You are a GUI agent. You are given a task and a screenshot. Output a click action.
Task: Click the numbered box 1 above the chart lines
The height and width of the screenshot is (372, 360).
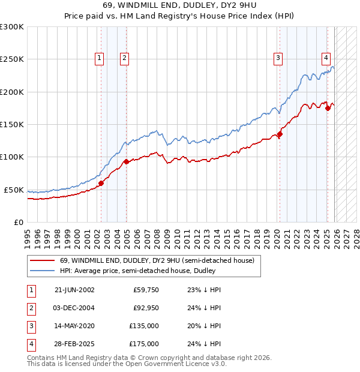[x=99, y=58]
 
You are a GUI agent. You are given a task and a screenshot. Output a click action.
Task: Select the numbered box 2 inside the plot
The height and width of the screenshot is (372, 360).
[x=124, y=58]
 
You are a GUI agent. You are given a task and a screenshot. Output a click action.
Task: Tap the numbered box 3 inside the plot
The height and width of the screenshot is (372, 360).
[x=278, y=58]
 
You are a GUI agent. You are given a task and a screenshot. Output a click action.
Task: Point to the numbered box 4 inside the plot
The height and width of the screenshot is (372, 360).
[x=326, y=58]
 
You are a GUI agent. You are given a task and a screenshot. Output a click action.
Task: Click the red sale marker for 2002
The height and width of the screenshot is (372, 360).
[x=101, y=183]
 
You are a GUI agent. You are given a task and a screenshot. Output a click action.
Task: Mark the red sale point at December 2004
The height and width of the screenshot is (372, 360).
[x=126, y=162]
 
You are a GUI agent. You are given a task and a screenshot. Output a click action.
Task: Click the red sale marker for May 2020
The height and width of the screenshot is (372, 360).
[x=280, y=134]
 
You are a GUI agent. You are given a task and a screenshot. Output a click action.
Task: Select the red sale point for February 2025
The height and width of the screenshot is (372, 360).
[x=328, y=108]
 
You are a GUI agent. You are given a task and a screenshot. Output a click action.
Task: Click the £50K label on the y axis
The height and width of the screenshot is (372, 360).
[x=14, y=190]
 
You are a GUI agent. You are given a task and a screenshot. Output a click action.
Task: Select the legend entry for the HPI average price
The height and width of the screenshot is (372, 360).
[x=138, y=271]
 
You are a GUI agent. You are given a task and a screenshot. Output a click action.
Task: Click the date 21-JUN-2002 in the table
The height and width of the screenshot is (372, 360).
[x=74, y=289]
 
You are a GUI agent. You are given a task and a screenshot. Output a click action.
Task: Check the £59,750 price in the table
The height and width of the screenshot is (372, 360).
[x=145, y=289]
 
